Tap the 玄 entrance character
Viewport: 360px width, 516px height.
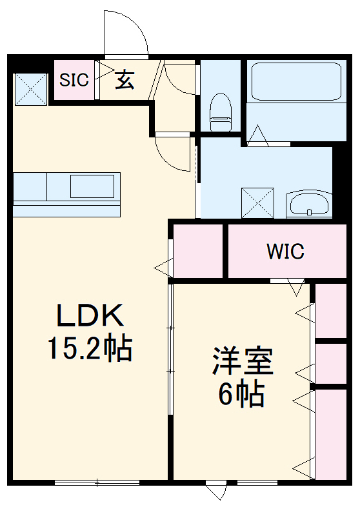tap(125, 80)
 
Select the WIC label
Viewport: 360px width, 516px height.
tap(285, 251)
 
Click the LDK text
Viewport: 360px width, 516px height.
tap(90, 316)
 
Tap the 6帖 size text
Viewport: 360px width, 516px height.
tap(242, 395)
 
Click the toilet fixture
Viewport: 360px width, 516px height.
tap(221, 109)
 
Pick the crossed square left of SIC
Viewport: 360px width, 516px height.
tap(31, 89)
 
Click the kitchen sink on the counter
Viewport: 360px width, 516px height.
tap(92, 186)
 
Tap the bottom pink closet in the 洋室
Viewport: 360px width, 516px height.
tap(331, 433)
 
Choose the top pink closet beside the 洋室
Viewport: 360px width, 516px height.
tap(331, 310)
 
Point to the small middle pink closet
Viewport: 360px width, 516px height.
tap(331, 364)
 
